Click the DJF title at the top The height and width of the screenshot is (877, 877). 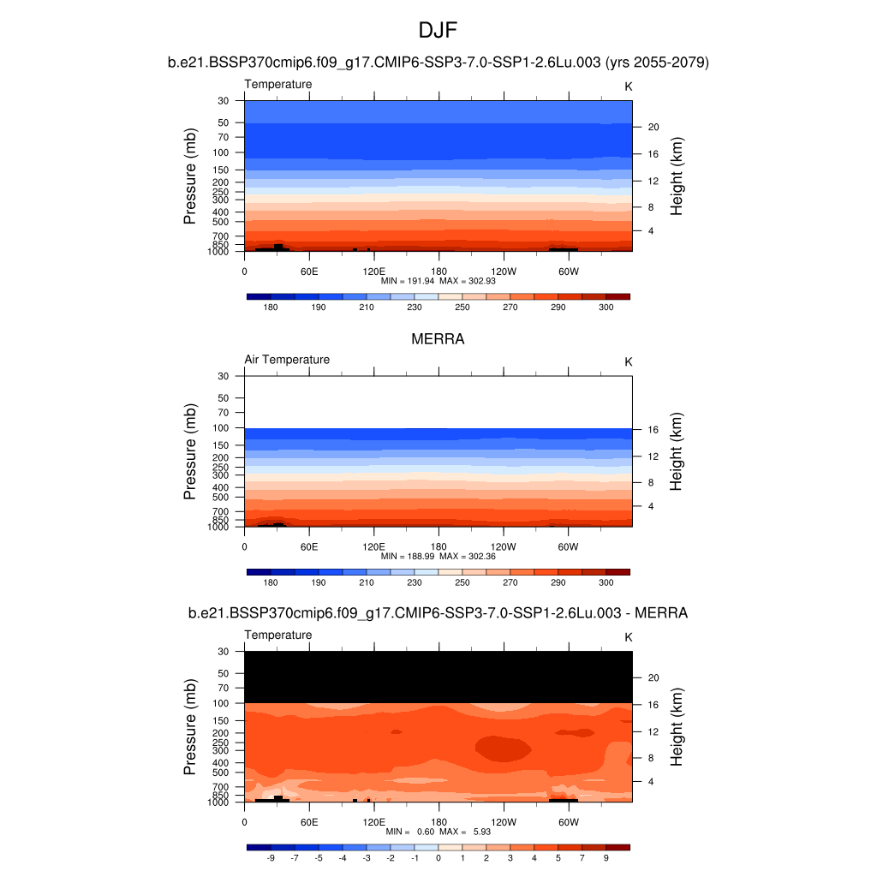tap(438, 31)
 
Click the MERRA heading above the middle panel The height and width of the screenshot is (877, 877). tap(438, 339)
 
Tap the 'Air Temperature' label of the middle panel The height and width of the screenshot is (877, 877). tap(287, 360)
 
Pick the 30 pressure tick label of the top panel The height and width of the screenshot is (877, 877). tap(224, 101)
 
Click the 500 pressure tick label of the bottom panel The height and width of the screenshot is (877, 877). tap(221, 773)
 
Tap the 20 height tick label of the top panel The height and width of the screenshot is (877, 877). tap(653, 127)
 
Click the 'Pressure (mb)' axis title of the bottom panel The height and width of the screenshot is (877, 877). tap(190, 727)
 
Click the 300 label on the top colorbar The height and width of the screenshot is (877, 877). tap(606, 307)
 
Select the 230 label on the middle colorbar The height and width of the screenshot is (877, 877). tap(415, 582)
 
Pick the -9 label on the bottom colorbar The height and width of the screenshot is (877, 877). tap(271, 857)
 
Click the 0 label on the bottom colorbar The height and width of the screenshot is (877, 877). tap(438, 857)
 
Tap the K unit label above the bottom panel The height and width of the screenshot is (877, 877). tap(629, 637)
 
